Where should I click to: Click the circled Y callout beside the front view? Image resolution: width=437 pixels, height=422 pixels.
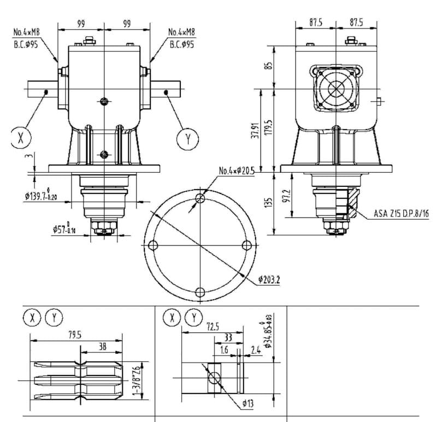click(x=188, y=139)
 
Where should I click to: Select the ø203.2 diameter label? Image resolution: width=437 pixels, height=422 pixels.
click(x=269, y=280)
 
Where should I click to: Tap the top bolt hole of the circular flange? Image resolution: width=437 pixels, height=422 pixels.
click(x=200, y=197)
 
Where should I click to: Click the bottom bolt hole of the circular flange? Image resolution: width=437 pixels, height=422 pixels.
click(x=200, y=291)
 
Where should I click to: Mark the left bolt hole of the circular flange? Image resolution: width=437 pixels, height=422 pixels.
click(x=153, y=244)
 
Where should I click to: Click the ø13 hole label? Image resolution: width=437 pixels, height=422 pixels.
click(x=249, y=403)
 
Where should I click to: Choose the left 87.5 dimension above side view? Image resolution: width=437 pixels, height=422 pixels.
click(x=315, y=23)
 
